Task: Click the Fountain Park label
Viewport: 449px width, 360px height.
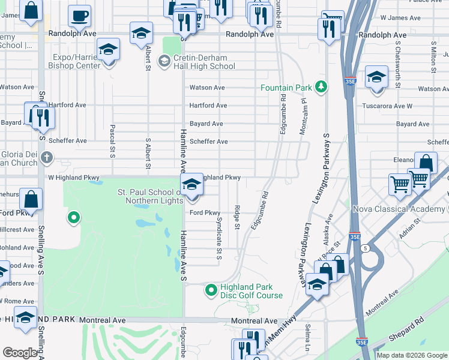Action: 286,88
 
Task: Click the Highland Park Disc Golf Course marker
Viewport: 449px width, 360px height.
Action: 211,291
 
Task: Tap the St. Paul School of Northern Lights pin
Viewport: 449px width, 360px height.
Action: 191,184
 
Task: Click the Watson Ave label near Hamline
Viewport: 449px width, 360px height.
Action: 207,88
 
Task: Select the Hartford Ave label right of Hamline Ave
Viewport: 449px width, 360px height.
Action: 208,106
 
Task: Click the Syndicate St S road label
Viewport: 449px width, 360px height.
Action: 218,238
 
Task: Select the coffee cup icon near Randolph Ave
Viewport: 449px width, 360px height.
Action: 79,16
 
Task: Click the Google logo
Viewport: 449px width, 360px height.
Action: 20,353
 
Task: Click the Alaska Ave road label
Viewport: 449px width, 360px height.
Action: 329,227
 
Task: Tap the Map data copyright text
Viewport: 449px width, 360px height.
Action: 412,355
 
